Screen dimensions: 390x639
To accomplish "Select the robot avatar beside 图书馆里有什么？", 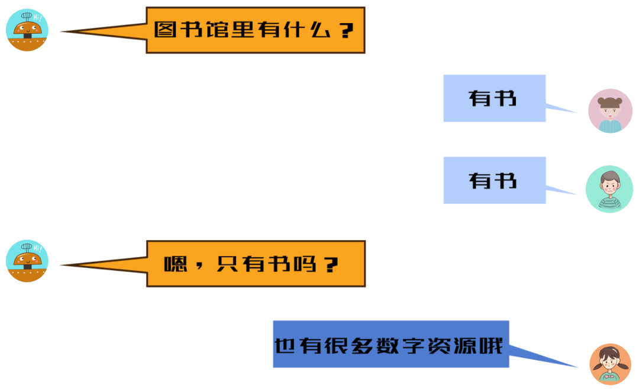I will click(x=27, y=30).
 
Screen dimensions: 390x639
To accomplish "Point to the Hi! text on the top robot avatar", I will click(x=38, y=17).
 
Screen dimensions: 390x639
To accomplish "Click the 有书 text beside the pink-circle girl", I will click(x=493, y=98).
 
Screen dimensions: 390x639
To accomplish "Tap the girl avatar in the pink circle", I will click(x=610, y=111).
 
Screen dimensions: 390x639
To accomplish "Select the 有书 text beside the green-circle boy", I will click(x=493, y=180).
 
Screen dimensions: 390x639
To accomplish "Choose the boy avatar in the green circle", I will click(x=609, y=189).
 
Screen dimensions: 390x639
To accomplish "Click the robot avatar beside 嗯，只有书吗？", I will click(x=27, y=261).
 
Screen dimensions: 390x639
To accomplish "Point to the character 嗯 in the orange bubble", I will click(x=175, y=264).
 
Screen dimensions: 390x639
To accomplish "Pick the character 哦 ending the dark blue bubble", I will click(x=491, y=345).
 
